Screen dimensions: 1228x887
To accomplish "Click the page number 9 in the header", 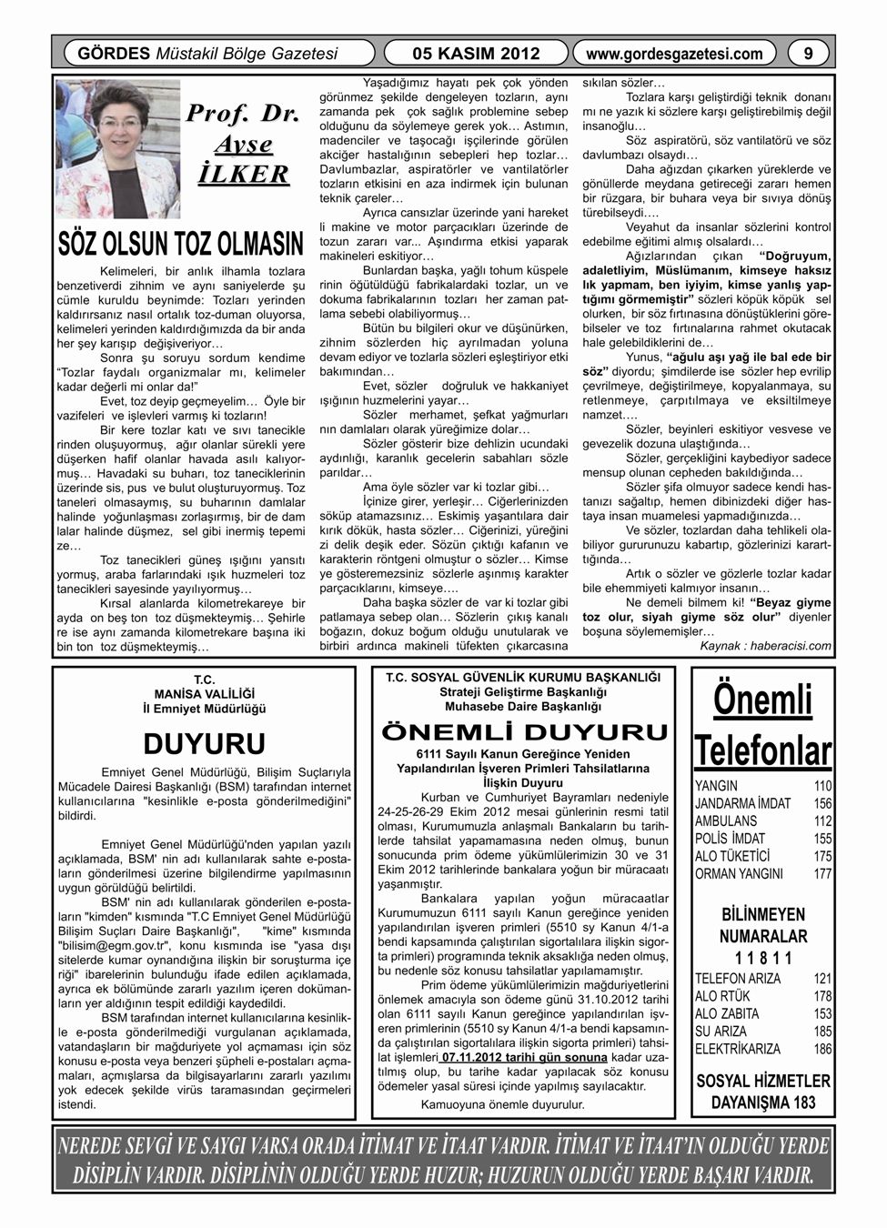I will [810, 53].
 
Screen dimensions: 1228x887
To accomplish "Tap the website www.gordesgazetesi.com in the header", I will [675, 54].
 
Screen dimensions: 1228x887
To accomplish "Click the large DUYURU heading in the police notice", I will [204, 743].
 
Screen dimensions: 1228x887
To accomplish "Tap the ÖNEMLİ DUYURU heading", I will [523, 732].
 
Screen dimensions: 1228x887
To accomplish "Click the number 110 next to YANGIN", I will [822, 786].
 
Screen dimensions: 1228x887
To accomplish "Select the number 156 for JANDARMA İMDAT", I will [822, 803].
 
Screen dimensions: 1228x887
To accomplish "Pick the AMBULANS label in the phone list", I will [726, 820].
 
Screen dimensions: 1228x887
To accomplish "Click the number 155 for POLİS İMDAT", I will [822, 839].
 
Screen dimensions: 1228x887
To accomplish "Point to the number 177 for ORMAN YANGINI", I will [822, 874].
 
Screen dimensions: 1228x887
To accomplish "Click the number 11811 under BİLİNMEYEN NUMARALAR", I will [763, 958].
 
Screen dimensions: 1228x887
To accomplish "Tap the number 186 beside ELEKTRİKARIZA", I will [822, 1049].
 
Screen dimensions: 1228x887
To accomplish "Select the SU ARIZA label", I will [721, 1032].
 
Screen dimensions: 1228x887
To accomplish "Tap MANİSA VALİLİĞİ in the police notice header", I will [203, 691].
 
